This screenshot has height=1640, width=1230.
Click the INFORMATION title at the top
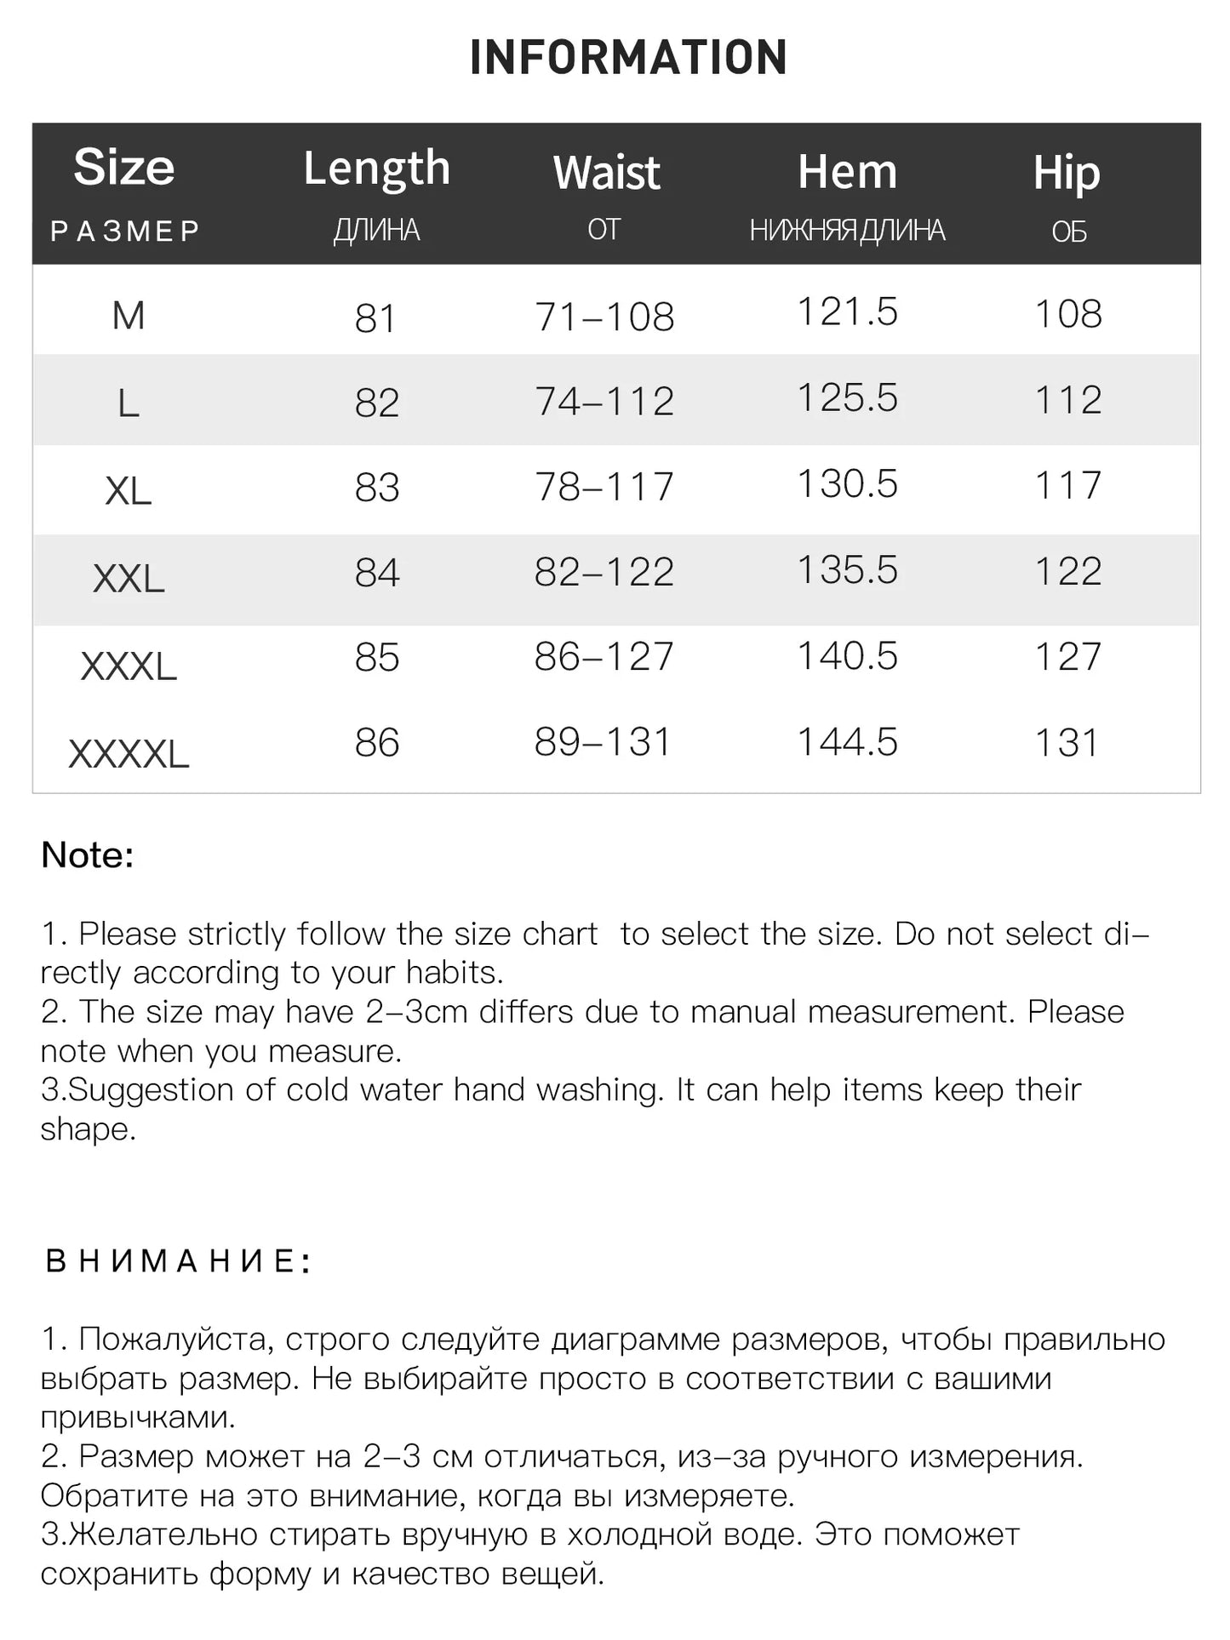pyautogui.click(x=628, y=58)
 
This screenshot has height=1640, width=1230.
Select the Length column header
pyautogui.click(x=376, y=169)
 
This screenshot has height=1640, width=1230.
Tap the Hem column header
pyautogui.click(x=847, y=172)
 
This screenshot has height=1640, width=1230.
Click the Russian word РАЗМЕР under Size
pyautogui.click(x=125, y=231)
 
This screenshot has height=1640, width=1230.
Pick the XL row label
pyautogui.click(x=128, y=491)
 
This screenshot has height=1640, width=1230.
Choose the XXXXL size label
pyautogui.click(x=129, y=754)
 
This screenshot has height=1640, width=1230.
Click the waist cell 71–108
pyautogui.click(x=604, y=317)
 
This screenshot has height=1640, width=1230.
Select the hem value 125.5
pyautogui.click(x=847, y=398)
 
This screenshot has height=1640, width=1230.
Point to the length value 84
pyautogui.click(x=376, y=573)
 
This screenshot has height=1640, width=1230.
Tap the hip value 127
pyautogui.click(x=1067, y=657)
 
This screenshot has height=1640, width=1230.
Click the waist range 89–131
pyautogui.click(x=603, y=742)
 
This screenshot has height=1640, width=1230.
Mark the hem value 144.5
pyautogui.click(x=847, y=742)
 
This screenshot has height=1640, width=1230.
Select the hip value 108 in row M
pyautogui.click(x=1067, y=314)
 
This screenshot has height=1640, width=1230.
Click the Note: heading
pyautogui.click(x=88, y=855)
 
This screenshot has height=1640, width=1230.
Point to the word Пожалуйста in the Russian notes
pyautogui.click(x=175, y=1340)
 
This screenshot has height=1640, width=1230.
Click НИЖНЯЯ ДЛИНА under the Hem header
pyautogui.click(x=847, y=231)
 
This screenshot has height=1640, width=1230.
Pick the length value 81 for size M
pyautogui.click(x=375, y=319)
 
